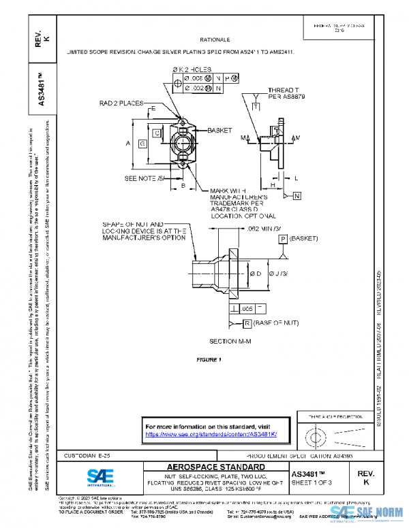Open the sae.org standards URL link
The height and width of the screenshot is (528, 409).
click(x=211, y=434)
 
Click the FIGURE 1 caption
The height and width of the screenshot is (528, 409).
click(x=209, y=359)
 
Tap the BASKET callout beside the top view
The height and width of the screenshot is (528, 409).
click(x=219, y=129)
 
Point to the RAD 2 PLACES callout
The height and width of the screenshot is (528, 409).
click(x=120, y=103)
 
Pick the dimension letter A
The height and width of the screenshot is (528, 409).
click(x=128, y=144)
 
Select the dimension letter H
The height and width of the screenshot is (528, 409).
click(x=273, y=184)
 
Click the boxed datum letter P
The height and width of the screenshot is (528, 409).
click(x=282, y=239)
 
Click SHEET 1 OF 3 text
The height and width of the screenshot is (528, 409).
click(x=311, y=482)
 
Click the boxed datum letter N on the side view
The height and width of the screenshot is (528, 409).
click(x=299, y=197)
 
